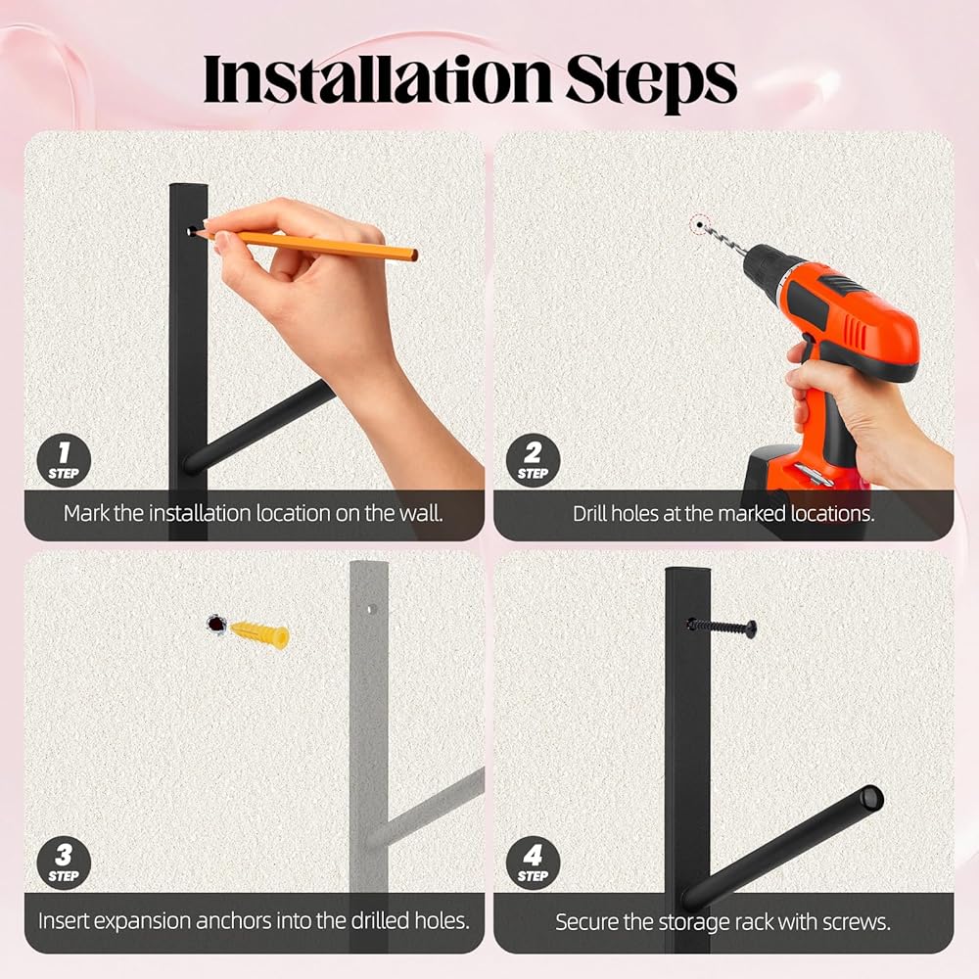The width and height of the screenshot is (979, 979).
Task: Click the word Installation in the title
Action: coord(377,80)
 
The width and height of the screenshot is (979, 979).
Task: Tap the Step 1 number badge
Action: coord(64,461)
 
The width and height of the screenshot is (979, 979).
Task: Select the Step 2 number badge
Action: coord(533,461)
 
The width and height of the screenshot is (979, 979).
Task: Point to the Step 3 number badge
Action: coord(64,862)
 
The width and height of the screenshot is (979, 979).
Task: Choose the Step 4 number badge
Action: coord(533,862)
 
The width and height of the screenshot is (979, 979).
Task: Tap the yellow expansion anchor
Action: coord(259,634)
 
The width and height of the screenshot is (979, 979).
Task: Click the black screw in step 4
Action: coord(722,627)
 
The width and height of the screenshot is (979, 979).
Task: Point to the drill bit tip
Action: coord(700,225)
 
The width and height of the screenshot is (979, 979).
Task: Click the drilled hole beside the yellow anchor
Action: coord(216,624)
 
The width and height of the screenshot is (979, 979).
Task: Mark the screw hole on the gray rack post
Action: coord(370,609)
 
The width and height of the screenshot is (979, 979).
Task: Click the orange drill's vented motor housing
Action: coord(856,321)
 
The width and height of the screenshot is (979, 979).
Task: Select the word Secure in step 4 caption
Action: coord(586,921)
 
